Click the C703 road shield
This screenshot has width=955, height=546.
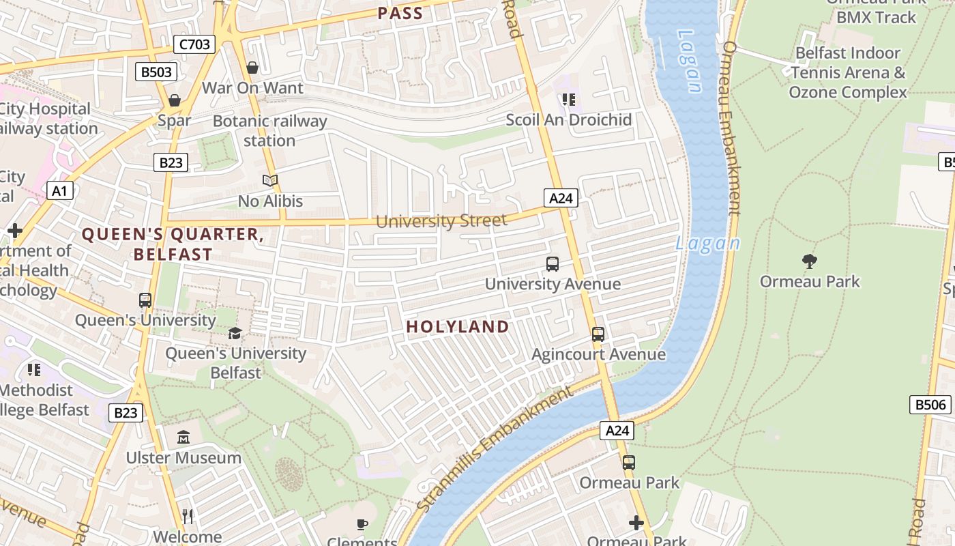194,45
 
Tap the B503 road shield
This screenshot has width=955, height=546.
156,72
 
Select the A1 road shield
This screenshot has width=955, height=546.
59,190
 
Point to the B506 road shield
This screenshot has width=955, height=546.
930,405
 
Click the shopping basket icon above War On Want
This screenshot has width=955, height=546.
252,68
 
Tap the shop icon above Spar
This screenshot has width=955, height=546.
175,101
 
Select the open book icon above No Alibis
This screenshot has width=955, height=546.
270,181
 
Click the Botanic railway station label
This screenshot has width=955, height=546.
269,131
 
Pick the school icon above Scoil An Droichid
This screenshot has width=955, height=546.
568,100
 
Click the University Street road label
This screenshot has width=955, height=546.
441,220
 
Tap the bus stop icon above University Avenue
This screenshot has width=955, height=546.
553,263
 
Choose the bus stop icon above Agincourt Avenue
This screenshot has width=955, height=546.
598,334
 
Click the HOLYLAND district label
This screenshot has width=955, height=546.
458,327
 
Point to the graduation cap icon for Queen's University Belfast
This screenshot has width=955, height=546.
235,333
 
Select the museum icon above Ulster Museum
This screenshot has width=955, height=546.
183,437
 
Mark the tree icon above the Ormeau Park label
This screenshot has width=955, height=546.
810,261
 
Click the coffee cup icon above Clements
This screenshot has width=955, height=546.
362,524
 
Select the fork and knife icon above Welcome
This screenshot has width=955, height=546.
188,516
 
